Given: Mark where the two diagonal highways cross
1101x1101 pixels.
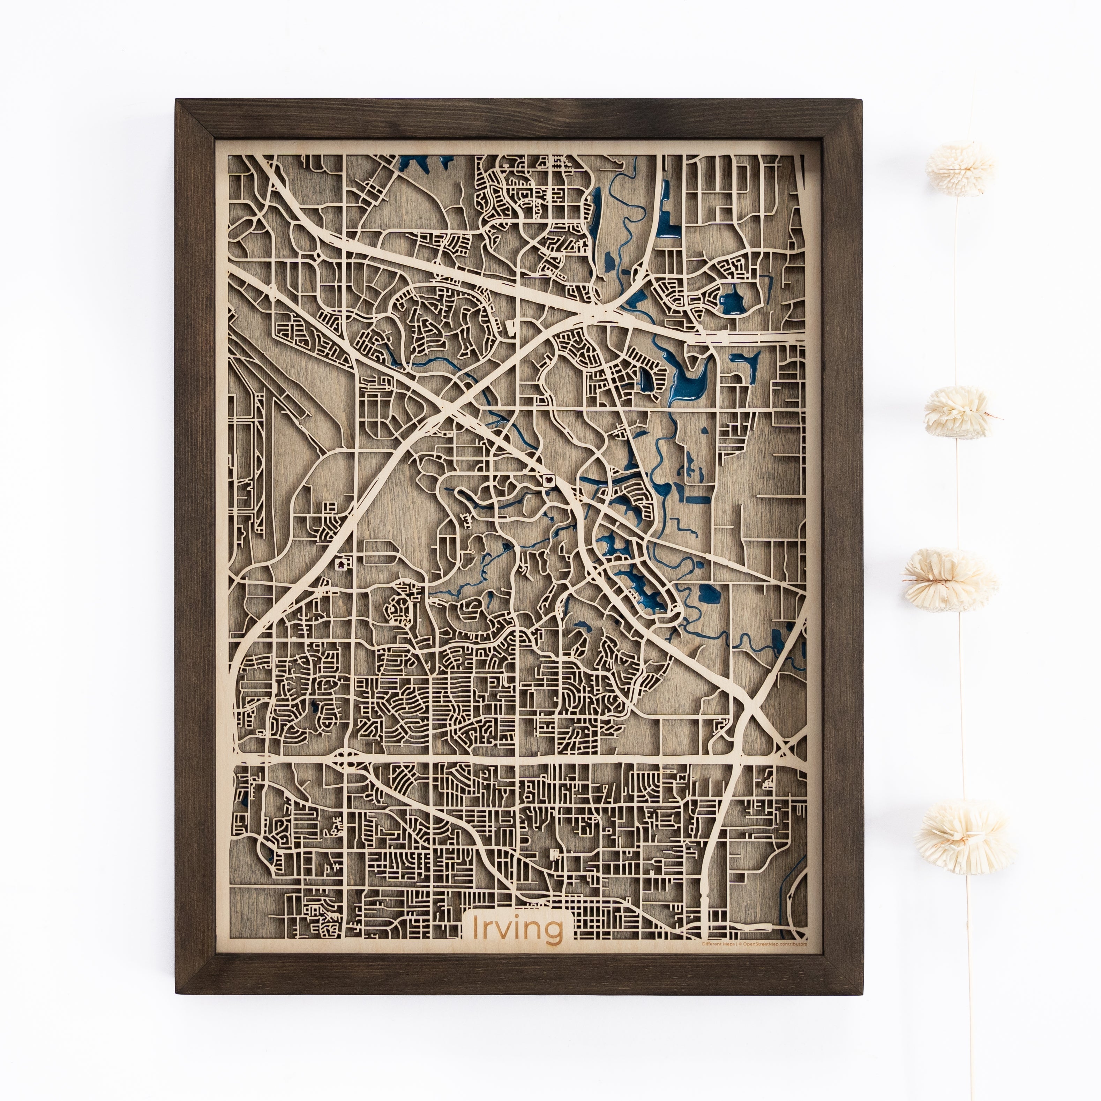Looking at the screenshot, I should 450,409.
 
